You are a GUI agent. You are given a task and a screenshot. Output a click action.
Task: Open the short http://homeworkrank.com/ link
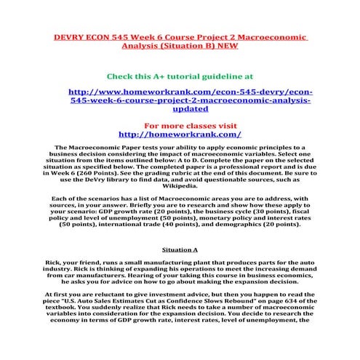tap(180, 134)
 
